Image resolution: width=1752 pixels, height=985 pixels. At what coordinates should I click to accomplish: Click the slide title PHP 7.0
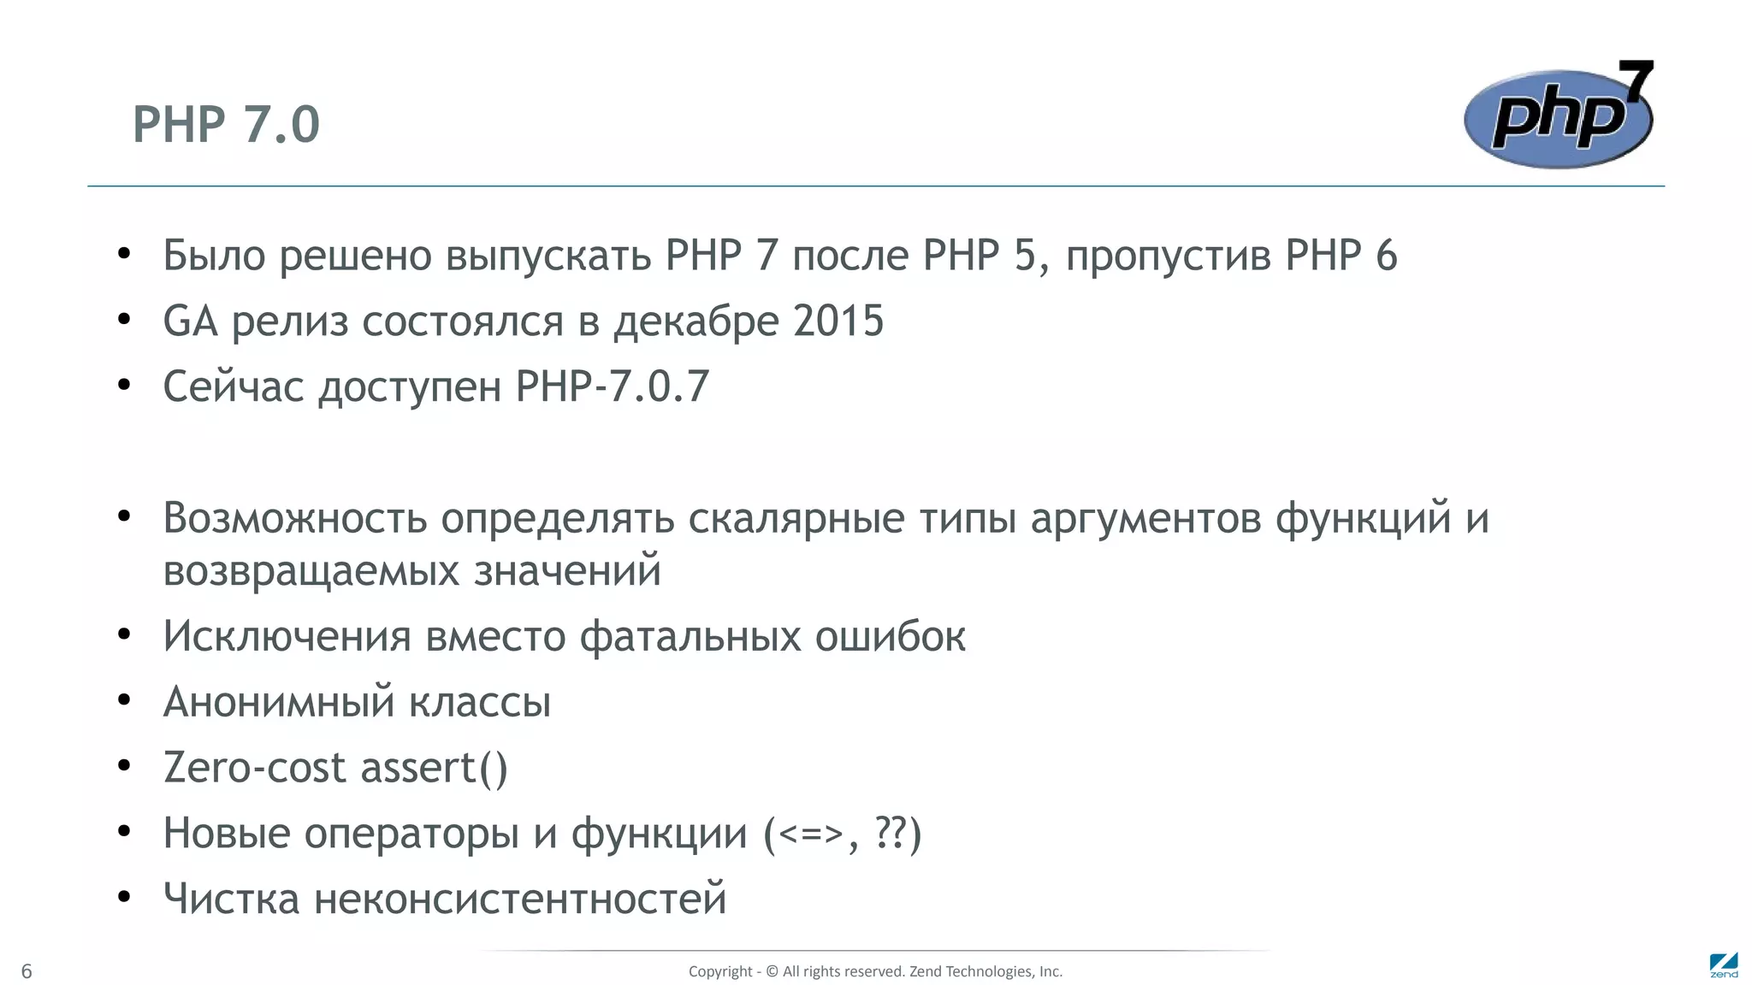226,125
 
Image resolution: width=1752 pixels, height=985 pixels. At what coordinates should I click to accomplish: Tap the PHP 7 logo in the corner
1559,116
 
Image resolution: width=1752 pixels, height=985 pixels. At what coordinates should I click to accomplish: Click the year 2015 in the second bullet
838,321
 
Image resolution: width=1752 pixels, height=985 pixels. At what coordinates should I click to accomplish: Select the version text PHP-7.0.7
613,386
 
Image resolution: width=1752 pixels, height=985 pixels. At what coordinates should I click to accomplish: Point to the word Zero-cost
254,767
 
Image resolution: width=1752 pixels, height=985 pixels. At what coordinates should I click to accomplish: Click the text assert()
435,767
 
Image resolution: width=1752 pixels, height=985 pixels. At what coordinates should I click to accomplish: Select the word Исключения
287,637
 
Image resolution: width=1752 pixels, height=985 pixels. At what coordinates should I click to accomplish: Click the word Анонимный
279,702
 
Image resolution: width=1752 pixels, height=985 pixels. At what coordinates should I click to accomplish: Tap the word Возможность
294,518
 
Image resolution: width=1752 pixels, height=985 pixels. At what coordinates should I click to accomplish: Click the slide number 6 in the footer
27,971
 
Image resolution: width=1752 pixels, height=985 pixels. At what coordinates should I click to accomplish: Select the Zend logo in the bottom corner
1723,965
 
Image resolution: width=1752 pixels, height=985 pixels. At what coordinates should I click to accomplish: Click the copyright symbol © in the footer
772,971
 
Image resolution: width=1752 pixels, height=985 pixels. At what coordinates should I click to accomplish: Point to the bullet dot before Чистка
124,897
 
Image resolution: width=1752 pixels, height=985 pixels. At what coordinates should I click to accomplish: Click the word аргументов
1145,518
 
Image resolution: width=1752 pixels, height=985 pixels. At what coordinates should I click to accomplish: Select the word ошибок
890,637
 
